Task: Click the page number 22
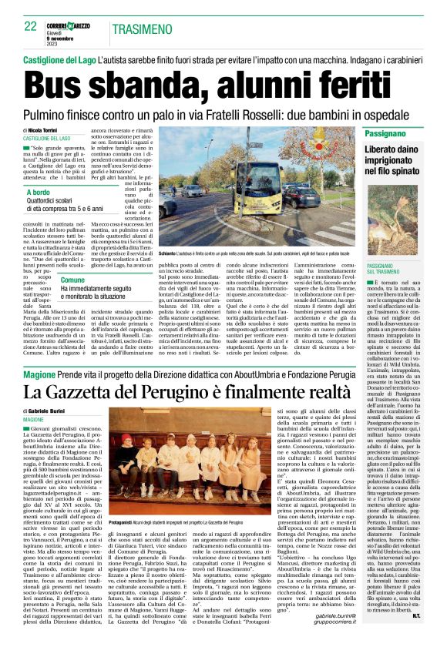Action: [31, 26]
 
